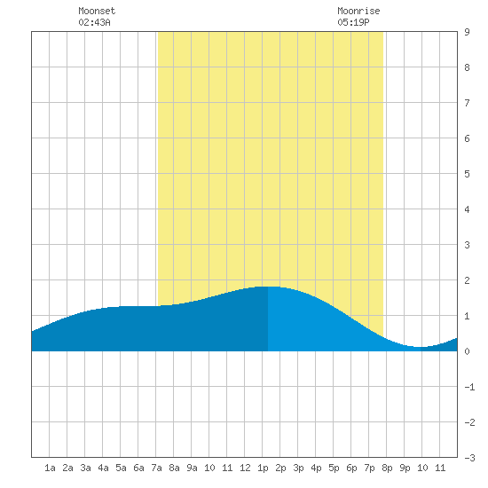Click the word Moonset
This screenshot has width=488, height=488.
coord(97,11)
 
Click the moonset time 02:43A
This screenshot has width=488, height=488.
coord(94,22)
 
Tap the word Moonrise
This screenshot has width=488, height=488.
coord(358,11)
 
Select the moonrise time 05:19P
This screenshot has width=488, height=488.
coord(353,22)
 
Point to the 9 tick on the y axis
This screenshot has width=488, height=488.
coord(467,32)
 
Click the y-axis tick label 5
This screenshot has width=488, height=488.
coord(467,174)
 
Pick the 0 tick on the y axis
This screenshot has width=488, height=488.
coord(467,351)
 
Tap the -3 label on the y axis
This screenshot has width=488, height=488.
coord(469,458)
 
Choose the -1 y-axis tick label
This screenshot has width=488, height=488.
coord(469,387)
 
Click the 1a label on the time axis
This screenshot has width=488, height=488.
coord(50,468)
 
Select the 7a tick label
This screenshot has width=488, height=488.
coord(156,468)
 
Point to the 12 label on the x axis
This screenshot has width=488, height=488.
coord(245,468)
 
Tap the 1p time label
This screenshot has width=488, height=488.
coord(263,468)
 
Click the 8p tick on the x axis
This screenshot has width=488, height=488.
coord(387,468)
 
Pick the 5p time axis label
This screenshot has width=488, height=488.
coord(334,468)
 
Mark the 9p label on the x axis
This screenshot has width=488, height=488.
coord(405,468)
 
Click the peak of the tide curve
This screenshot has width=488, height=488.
coord(268,287)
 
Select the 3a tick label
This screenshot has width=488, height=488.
coord(85,468)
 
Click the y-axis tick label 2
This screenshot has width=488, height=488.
coord(467,280)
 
